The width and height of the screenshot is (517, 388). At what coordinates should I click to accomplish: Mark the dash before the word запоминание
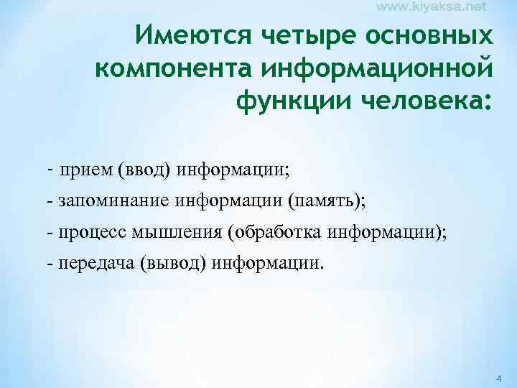(x=49, y=203)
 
